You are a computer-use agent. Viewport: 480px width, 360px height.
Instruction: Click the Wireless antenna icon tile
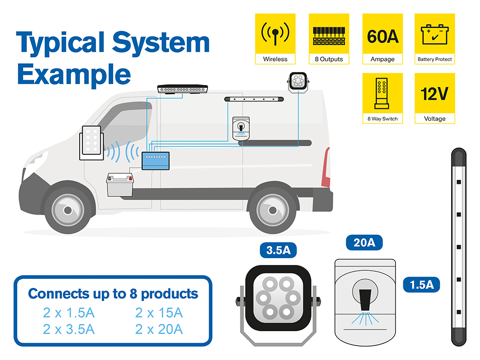pyautogui.click(x=275, y=39)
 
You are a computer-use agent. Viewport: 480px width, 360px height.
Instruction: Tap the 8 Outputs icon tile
pyautogui.click(x=329, y=39)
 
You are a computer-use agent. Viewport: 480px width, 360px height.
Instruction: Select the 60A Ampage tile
pyautogui.click(x=383, y=39)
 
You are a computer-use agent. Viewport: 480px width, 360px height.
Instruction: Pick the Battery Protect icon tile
pyautogui.click(x=434, y=39)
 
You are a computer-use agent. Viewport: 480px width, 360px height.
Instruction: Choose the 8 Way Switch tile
pyautogui.click(x=383, y=98)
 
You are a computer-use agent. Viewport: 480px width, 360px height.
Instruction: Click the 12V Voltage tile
pyautogui.click(x=434, y=98)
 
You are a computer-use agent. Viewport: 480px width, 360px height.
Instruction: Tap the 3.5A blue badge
pyautogui.click(x=278, y=251)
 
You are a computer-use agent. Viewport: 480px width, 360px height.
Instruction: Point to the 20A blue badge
pyautogui.click(x=364, y=243)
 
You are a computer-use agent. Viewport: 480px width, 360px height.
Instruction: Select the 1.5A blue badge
pyautogui.click(x=421, y=285)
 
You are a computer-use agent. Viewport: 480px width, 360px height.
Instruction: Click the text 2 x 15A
pyautogui.click(x=159, y=313)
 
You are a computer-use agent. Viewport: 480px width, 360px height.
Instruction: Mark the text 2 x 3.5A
pyautogui.click(x=69, y=329)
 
